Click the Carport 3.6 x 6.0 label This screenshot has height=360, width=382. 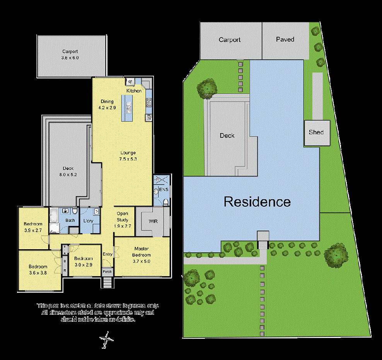tap(70, 54)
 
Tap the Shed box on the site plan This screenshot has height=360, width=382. tap(317, 132)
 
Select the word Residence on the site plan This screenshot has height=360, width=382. tap(257, 202)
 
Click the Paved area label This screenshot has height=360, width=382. tap(285, 39)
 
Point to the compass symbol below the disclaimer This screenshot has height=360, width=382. tap(106, 340)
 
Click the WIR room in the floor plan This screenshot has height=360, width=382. tap(153, 222)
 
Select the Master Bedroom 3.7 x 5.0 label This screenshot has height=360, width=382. tap(142, 255)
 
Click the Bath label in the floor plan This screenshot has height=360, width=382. tap(70, 221)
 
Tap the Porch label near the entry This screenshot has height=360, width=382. tap(107, 272)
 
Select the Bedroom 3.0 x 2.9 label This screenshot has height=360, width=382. tap(84, 262)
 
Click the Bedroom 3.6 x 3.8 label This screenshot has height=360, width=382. tap(38, 270)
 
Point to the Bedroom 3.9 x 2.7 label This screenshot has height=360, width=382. tap(33, 227)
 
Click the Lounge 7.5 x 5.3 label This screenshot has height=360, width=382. tap(128, 156)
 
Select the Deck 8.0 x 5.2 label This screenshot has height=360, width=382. tap(68, 171)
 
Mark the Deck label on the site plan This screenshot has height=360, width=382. tap(227, 136)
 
